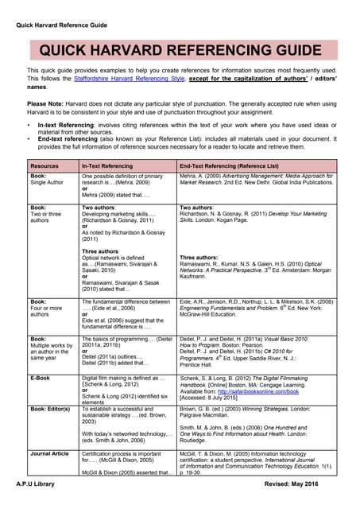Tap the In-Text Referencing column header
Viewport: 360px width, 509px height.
pyautogui.click(x=107, y=165)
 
